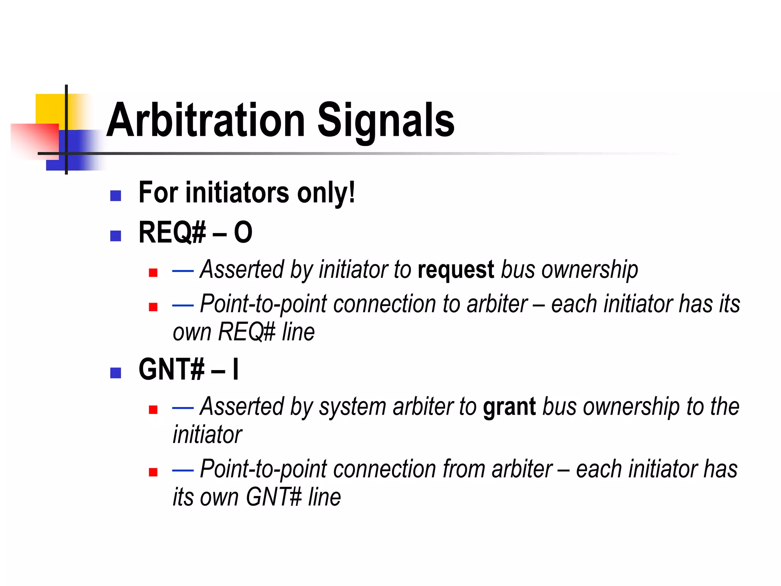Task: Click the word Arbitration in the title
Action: coord(206,120)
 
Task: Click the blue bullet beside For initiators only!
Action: coord(116,196)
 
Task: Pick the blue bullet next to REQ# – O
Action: coord(116,236)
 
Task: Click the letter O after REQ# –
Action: coord(243,232)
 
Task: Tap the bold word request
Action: coord(456,270)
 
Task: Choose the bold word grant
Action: coord(509,407)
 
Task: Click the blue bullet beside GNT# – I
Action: coord(116,373)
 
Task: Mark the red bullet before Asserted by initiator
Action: coord(153,273)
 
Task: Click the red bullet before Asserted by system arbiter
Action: coord(153,410)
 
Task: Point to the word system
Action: coord(352,407)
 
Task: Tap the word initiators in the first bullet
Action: coord(237,193)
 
